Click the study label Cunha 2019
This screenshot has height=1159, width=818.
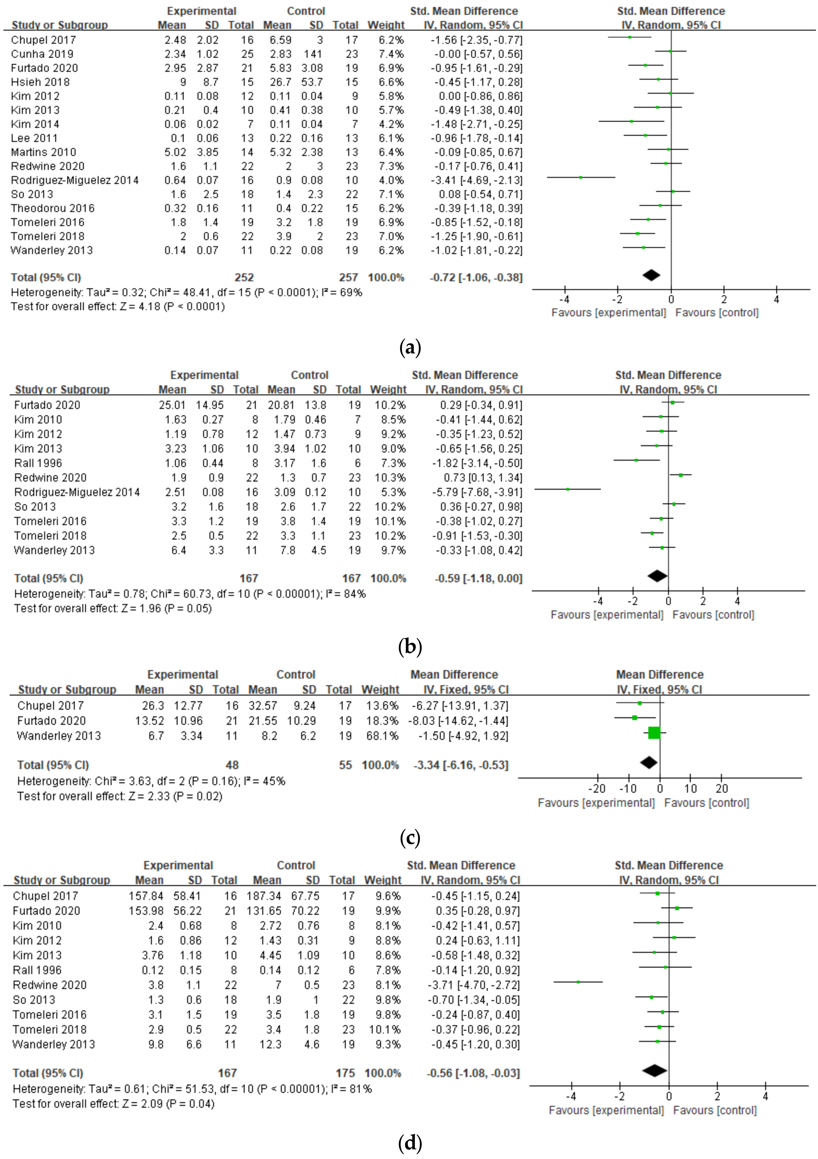42,54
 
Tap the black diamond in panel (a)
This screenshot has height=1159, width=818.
651,275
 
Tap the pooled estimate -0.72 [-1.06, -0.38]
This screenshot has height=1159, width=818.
476,278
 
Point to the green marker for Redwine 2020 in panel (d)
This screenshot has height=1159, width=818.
578,982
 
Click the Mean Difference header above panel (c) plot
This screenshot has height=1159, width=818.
659,675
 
